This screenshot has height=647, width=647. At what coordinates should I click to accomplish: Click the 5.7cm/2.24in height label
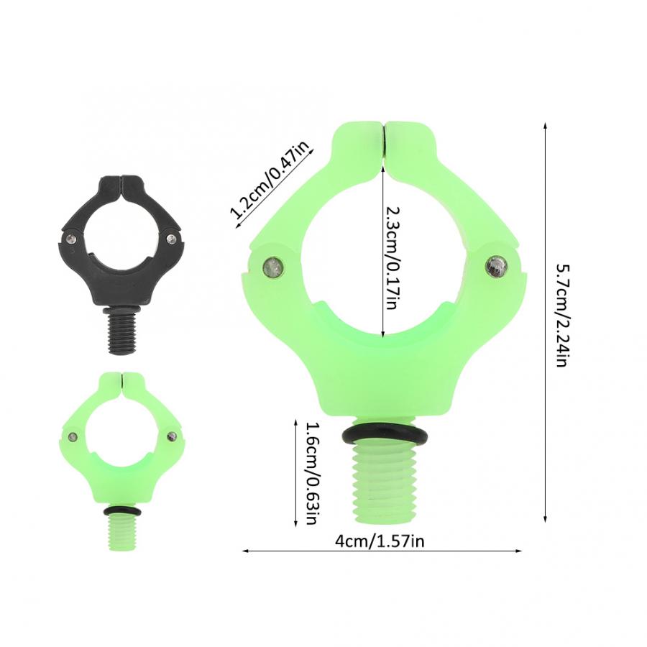pyautogui.click(x=563, y=316)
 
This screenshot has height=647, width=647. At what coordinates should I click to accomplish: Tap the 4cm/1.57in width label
pyautogui.click(x=379, y=541)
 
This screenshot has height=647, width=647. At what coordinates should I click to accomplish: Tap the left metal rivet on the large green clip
pyautogui.click(x=273, y=267)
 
